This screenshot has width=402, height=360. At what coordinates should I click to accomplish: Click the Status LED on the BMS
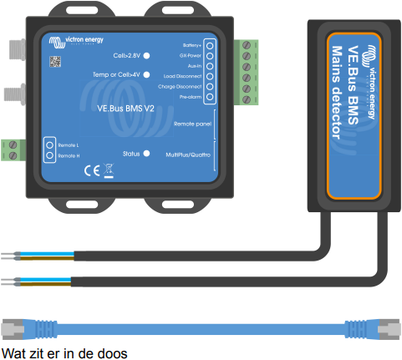[146, 154]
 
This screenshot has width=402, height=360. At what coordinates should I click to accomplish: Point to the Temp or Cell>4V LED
[146, 74]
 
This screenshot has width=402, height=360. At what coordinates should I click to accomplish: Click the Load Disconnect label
[185, 76]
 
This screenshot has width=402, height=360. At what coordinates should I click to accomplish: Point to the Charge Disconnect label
[183, 86]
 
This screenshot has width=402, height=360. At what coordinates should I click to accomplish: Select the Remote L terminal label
[69, 146]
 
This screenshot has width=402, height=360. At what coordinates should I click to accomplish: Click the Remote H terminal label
[69, 155]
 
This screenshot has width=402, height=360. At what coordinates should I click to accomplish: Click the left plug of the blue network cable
[17, 322]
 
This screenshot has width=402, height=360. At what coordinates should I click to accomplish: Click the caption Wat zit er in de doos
[64, 352]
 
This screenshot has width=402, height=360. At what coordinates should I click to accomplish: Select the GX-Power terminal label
[192, 55]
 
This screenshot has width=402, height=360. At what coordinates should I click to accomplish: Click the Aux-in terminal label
[196, 65]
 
